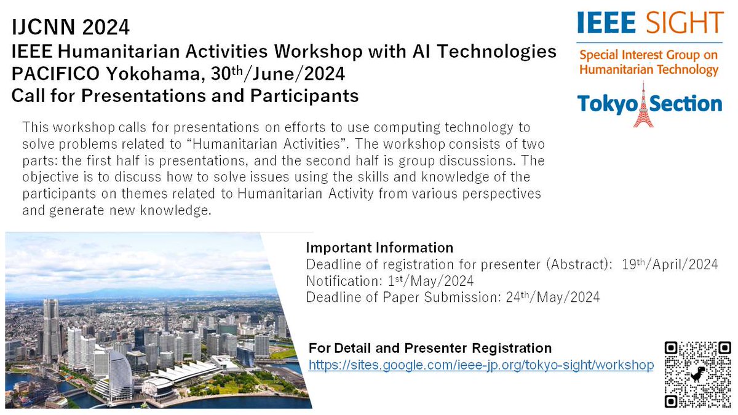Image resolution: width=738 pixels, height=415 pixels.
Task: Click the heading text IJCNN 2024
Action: (71, 28)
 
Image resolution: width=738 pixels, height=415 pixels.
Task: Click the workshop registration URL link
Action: (481, 365)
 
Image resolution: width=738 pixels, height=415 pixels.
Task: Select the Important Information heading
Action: (379, 248)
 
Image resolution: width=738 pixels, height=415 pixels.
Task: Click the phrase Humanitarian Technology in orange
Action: (648, 69)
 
